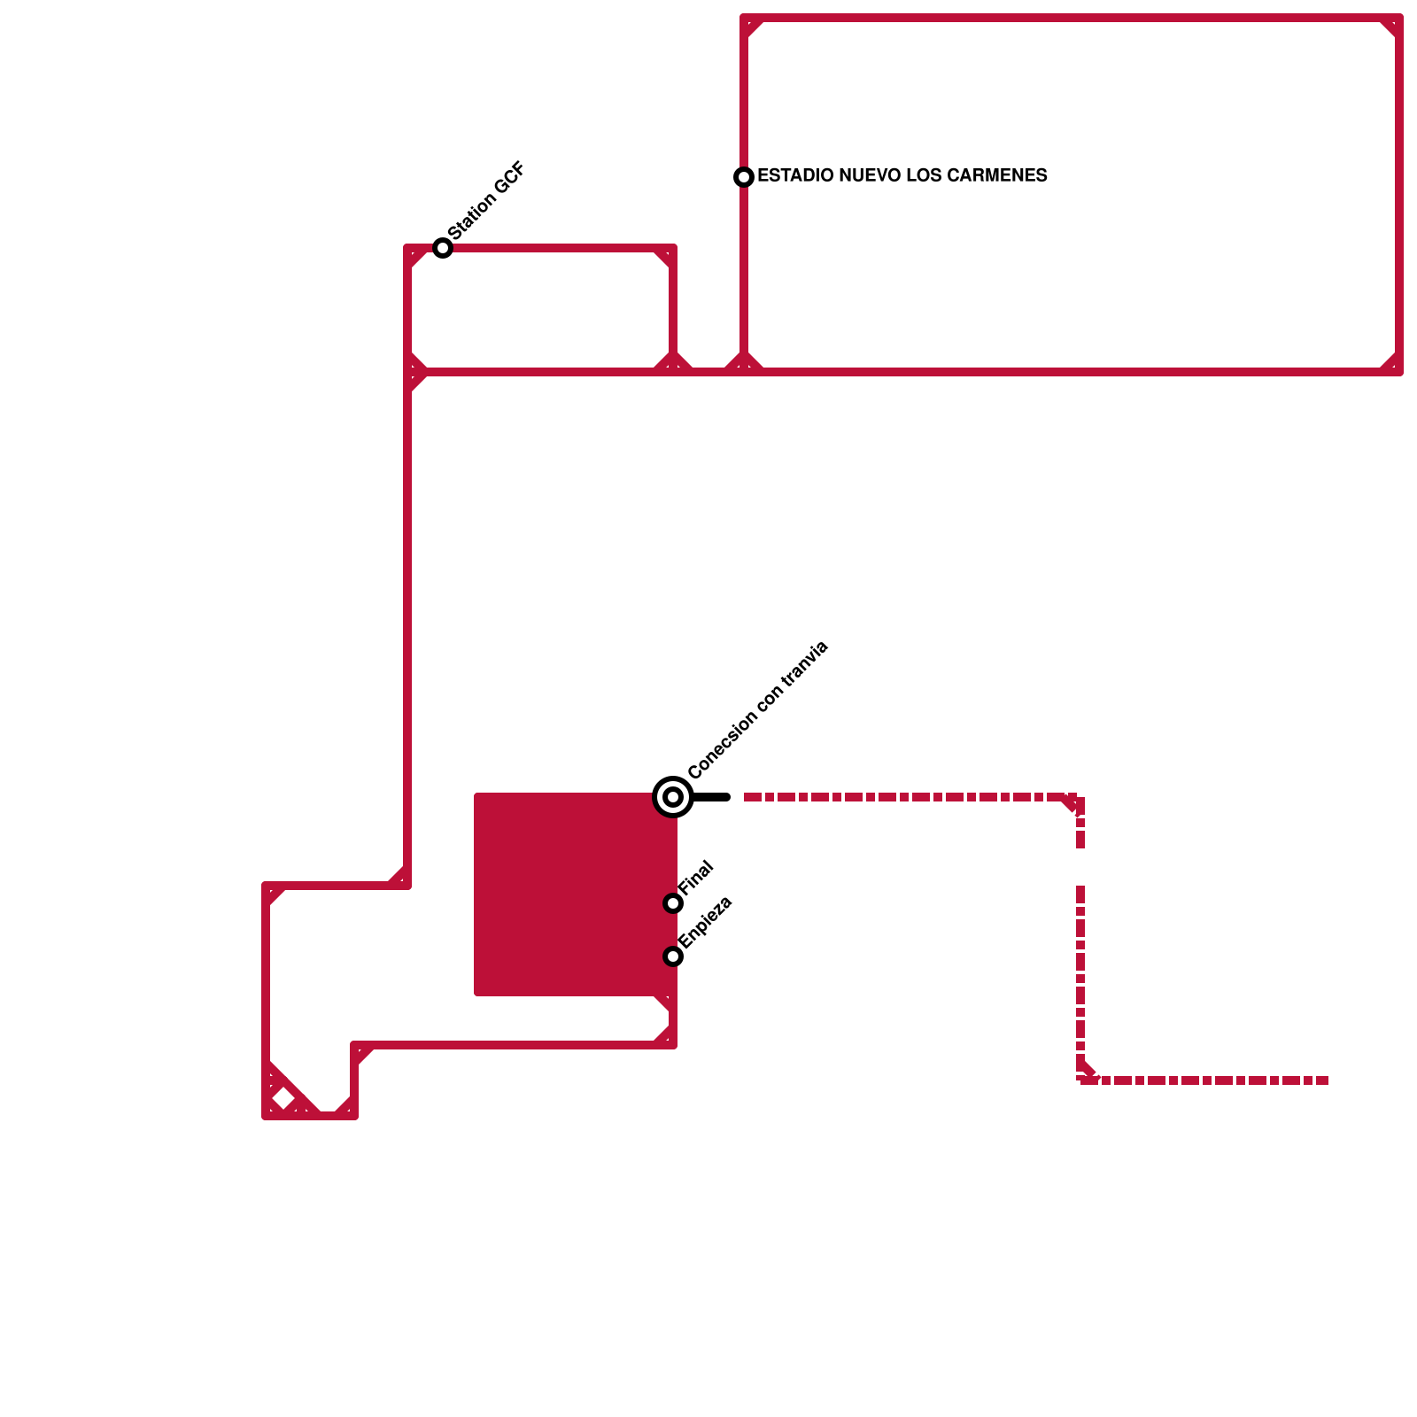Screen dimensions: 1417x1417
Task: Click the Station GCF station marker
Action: (x=443, y=248)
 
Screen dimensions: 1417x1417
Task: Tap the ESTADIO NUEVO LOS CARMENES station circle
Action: (x=744, y=177)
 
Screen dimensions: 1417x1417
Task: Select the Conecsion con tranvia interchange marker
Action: (x=673, y=797)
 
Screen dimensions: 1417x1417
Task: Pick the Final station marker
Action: (x=673, y=903)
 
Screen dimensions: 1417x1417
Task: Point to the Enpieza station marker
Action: (x=673, y=956)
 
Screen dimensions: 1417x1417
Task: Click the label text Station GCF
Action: (x=487, y=201)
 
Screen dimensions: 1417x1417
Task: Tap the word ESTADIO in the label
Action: (x=795, y=176)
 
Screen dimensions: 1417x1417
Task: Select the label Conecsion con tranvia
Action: (x=758, y=710)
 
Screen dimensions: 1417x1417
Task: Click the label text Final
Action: (x=696, y=878)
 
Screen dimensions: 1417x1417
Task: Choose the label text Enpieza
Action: (x=706, y=922)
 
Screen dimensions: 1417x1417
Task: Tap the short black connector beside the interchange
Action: (x=710, y=798)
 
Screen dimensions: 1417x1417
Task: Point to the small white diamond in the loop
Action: (x=283, y=1098)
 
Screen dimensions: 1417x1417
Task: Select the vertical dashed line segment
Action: (x=1080, y=956)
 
